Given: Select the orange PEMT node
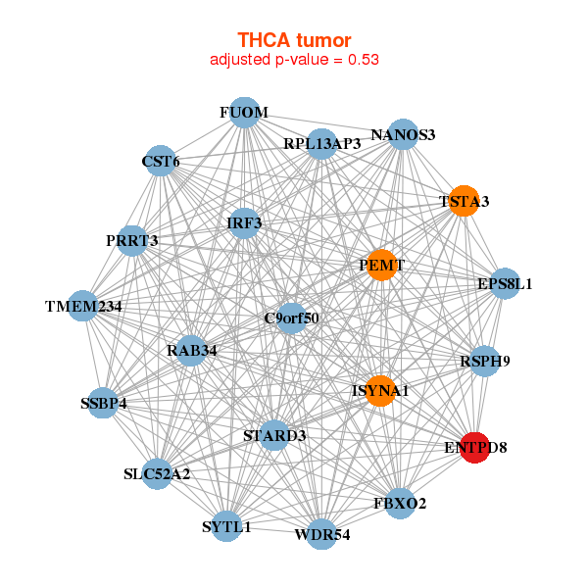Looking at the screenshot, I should [382, 265].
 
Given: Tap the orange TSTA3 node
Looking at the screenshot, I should [463, 201].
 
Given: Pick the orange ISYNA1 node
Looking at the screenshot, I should [379, 390].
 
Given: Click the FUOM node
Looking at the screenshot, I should [244, 113].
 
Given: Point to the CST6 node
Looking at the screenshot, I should [161, 161].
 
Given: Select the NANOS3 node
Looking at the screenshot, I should [403, 135].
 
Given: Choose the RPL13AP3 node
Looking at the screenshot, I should [321, 143].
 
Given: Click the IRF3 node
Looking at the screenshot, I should [244, 222].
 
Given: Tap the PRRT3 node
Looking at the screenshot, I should [132, 240].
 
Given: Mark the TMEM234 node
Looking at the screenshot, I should [83, 306].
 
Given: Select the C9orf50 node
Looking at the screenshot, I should [291, 318].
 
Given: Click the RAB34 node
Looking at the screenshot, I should [192, 350].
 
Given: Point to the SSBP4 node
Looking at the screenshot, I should [103, 402].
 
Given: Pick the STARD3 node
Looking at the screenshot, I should [274, 435].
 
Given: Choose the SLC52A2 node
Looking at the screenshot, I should [157, 474].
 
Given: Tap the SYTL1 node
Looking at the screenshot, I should [226, 526].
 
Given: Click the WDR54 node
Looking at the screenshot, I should [321, 534].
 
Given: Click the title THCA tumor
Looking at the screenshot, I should [294, 39].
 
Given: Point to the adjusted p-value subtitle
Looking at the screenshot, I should [294, 59].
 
